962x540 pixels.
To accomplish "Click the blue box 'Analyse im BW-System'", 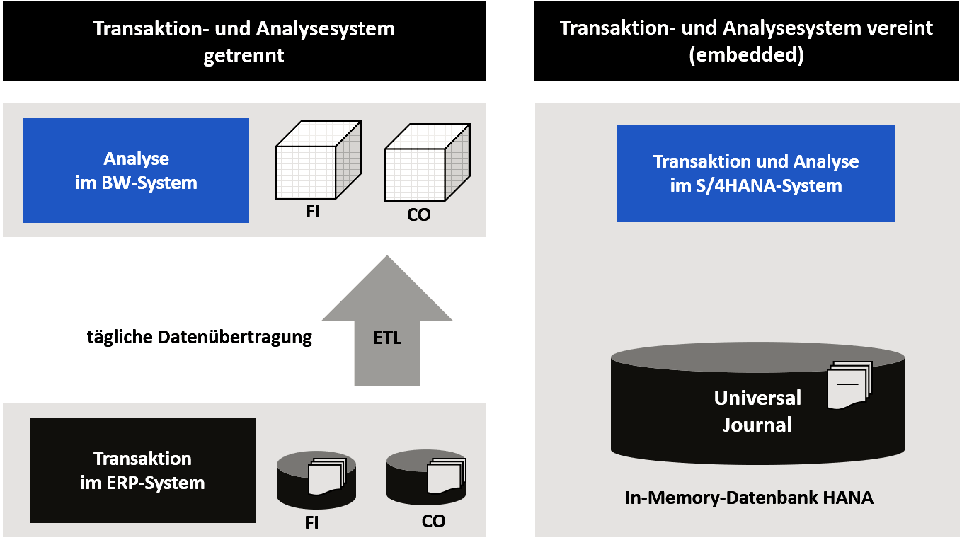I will coord(136,171).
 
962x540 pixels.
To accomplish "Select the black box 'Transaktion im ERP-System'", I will coord(142,470).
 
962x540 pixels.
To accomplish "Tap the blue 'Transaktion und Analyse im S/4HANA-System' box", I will coord(755,173).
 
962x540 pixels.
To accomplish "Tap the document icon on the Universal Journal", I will coord(849,386).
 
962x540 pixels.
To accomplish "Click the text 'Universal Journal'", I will coord(757,411).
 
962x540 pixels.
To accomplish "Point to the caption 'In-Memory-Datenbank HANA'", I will coord(749,498).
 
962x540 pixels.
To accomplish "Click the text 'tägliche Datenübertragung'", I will coord(199,337).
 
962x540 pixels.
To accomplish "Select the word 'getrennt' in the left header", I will coord(244,56).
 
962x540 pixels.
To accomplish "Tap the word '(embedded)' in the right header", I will coord(746,56).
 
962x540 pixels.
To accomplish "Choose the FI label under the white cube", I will coord(313,211).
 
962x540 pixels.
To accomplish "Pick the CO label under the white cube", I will coord(418,214).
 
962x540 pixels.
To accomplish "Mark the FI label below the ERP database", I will coord(311,524).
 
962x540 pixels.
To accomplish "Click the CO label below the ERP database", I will coord(433,522).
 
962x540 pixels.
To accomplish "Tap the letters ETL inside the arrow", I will coord(387,338).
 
